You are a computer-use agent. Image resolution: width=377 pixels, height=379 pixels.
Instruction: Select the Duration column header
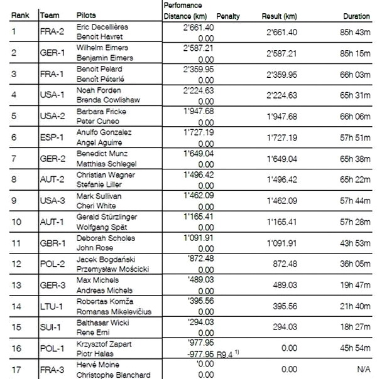click(357, 14)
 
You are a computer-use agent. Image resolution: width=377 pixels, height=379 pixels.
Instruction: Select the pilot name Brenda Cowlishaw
click(108, 100)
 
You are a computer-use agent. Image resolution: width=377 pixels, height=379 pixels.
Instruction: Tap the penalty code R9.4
click(224, 354)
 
